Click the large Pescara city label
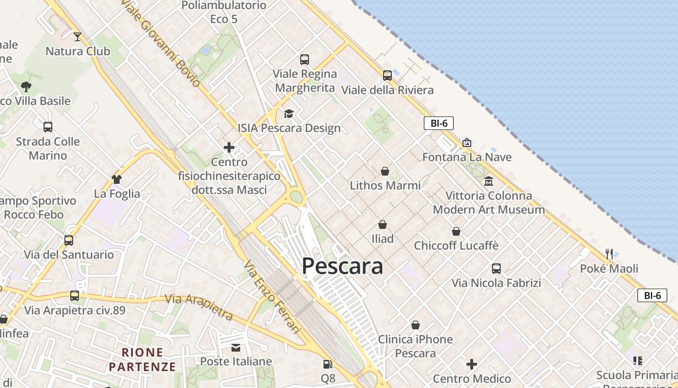click(342, 266)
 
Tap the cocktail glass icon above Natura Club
click(77, 36)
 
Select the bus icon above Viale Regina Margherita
click(305, 59)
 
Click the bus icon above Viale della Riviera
click(387, 75)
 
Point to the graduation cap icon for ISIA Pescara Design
click(289, 113)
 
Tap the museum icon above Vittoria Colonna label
click(489, 181)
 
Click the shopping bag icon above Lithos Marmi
click(385, 171)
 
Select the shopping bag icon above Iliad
click(383, 224)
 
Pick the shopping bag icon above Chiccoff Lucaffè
click(456, 231)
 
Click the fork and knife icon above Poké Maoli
click(609, 254)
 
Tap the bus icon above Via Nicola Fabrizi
click(496, 268)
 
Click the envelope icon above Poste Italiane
click(236, 347)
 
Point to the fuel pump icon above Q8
click(328, 364)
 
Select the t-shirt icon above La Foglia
click(117, 179)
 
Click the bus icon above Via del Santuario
click(69, 240)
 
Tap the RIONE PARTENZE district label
click(142, 359)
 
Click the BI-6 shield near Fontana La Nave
click(439, 123)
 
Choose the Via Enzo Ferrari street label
click(273, 297)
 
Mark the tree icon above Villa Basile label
click(26, 87)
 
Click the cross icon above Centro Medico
click(472, 364)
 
